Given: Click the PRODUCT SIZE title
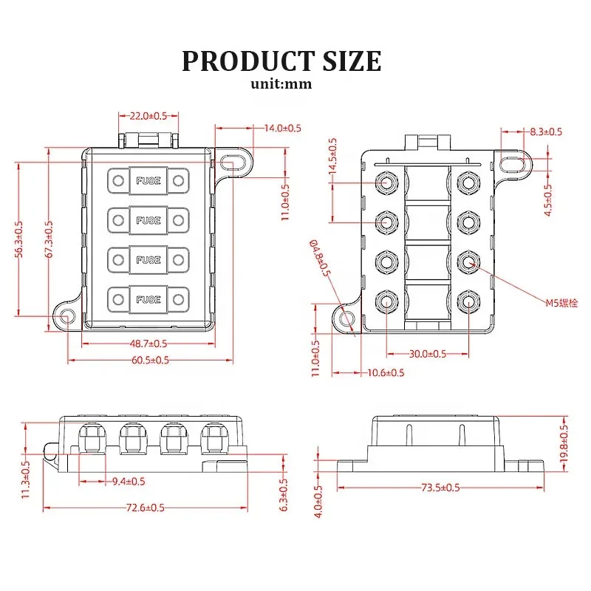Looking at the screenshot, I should (x=281, y=61).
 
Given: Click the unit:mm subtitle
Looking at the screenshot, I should (x=281, y=83).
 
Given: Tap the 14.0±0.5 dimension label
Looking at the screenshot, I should (x=282, y=128).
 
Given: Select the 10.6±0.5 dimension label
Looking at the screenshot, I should (x=386, y=372).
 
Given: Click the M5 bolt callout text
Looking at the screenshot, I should (x=561, y=303).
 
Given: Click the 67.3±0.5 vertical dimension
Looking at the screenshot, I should (x=49, y=239).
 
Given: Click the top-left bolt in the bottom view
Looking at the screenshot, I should (x=386, y=182).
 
